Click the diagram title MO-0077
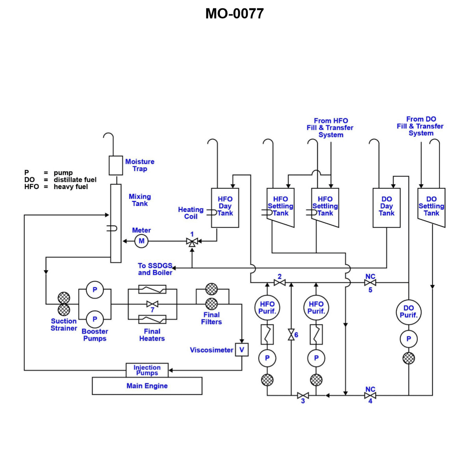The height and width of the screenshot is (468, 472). tap(234, 14)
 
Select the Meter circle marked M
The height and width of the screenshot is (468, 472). tap(141, 241)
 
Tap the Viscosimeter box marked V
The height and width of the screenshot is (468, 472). tap(242, 350)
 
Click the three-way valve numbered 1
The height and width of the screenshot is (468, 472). tap(192, 241)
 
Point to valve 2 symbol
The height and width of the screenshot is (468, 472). tap(279, 282)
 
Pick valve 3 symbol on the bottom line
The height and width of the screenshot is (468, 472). tap(303, 395)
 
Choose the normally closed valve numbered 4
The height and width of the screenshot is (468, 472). tap(370, 395)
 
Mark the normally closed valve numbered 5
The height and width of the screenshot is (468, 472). tap(370, 282)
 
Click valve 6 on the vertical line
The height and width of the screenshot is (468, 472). tap(291, 335)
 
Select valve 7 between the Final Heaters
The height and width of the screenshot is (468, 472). tap(152, 304)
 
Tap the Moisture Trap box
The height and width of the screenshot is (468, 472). tap(116, 165)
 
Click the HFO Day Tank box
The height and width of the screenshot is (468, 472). tap(225, 208)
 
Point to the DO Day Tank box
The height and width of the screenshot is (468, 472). tap(387, 208)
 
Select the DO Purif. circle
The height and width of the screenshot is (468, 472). tap(409, 312)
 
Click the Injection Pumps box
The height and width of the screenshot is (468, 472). tap(147, 370)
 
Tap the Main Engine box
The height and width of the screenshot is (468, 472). tap(147, 386)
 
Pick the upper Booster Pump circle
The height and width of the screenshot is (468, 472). tap(95, 290)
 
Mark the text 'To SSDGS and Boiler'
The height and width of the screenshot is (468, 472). tap(155, 269)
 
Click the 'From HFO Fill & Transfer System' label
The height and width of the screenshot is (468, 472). tap(330, 128)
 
